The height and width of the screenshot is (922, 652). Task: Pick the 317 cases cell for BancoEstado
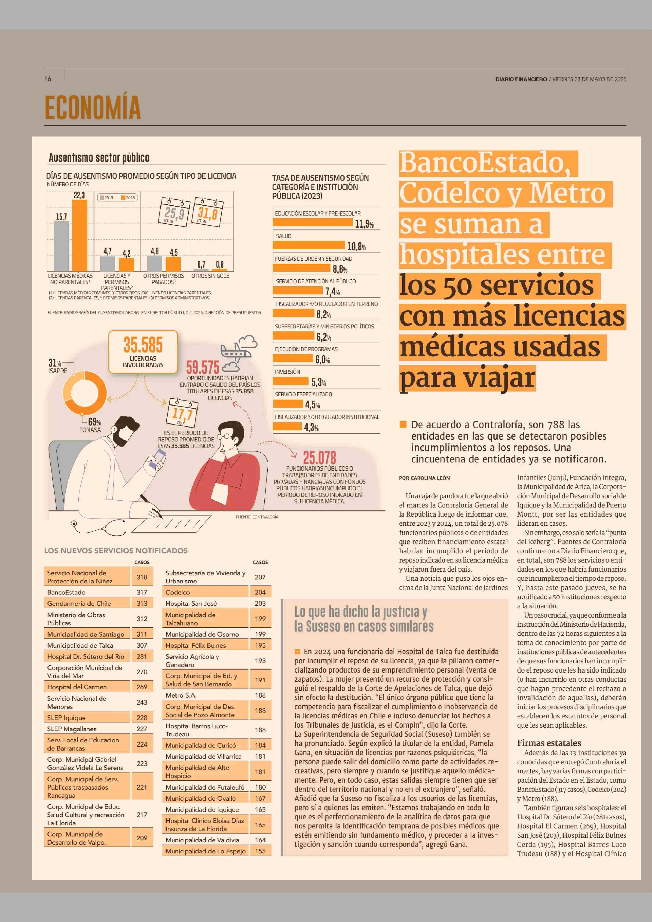click(x=142, y=592)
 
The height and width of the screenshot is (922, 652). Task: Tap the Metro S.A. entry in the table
click(x=181, y=695)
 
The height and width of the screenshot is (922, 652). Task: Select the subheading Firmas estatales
click(x=549, y=743)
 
